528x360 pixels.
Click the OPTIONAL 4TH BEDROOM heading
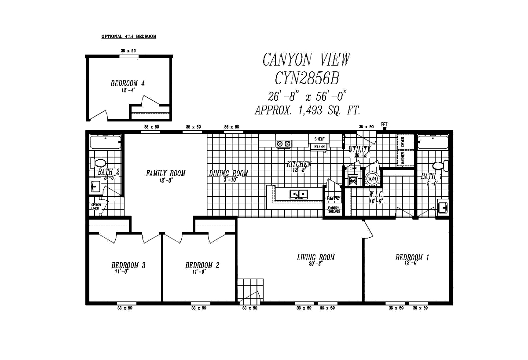coord(128,37)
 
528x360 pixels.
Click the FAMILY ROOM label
coord(165,173)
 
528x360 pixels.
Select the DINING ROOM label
coord(228,173)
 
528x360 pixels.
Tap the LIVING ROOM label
coord(315,257)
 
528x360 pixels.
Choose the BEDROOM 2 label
coord(202,265)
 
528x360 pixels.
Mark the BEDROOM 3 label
coord(128,265)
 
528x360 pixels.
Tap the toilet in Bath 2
coord(98,163)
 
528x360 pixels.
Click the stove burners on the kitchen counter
coord(283,143)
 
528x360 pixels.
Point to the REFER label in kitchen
coord(320,147)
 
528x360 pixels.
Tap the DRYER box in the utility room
coord(402,142)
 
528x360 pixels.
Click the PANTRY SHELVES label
coord(334,209)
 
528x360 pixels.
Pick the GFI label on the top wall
coord(384,125)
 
